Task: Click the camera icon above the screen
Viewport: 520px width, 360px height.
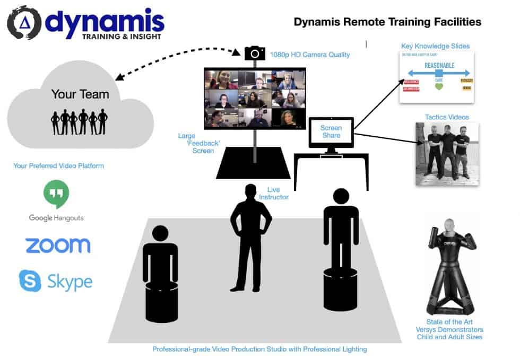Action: coord(255,53)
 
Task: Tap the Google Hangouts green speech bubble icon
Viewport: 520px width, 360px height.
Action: coord(56,195)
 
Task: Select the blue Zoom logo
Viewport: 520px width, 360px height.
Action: coord(58,245)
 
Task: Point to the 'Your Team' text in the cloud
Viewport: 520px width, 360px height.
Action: coord(80,94)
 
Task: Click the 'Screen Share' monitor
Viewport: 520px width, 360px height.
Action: coord(331,133)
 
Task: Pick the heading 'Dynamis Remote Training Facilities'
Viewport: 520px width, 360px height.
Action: coord(387,22)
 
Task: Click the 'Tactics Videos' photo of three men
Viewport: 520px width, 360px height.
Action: coord(447,154)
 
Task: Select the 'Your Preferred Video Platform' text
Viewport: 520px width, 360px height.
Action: coord(58,166)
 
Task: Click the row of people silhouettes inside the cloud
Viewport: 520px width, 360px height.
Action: coord(79,121)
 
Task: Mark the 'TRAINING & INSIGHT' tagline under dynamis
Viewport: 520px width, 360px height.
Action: coord(123,37)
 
